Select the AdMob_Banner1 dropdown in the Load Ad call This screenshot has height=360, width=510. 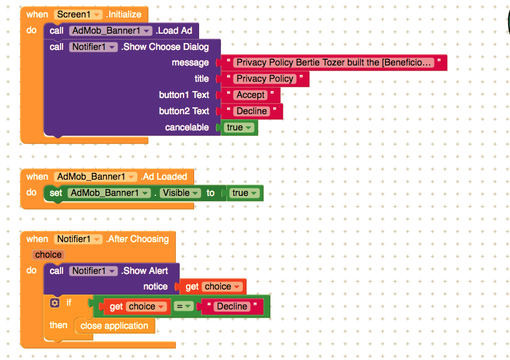point(110,31)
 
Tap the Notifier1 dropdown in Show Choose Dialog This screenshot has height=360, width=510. point(94,47)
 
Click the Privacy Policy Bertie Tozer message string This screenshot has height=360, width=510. point(334,62)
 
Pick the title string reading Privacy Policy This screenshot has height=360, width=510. point(265,79)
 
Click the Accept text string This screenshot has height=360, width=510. point(250,95)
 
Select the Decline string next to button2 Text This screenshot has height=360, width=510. point(252,111)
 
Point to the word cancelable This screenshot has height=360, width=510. point(187,127)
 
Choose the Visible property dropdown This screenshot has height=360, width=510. point(180,193)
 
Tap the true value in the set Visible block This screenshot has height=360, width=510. point(245,193)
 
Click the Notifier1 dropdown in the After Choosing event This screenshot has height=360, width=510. point(79,239)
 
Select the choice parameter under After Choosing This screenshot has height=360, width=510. point(48,255)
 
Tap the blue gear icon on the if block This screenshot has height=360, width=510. point(55,303)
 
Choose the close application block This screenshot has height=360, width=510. point(114,326)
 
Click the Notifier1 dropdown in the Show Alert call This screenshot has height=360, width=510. point(94,271)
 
